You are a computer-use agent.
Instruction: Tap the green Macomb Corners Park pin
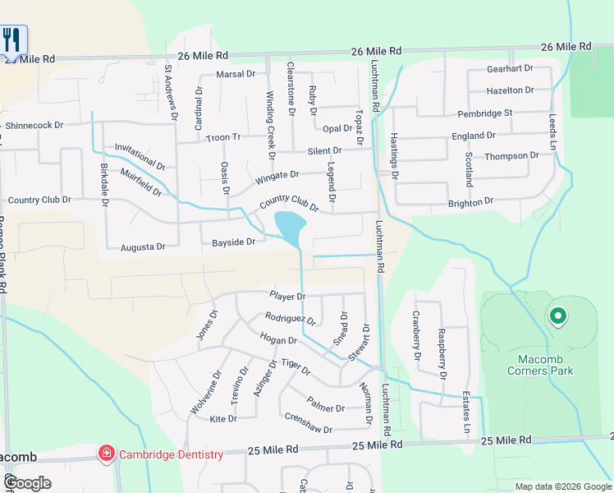pyautogui.click(x=557, y=316)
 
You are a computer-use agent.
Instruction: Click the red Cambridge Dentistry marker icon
pyautogui.click(x=106, y=453)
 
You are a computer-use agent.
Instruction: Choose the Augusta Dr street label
pyautogui.click(x=143, y=246)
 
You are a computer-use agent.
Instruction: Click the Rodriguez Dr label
pyautogui.click(x=290, y=319)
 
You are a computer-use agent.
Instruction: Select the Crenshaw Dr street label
pyautogui.click(x=305, y=429)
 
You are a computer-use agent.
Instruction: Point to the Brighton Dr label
pyautogui.click(x=470, y=201)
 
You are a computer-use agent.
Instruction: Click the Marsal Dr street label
pyautogui.click(x=236, y=74)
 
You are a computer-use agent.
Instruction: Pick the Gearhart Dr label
pyautogui.click(x=510, y=69)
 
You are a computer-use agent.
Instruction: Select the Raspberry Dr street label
pyautogui.click(x=442, y=352)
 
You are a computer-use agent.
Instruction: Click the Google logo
pyautogui.click(x=27, y=482)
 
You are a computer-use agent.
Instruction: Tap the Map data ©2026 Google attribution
pyautogui.click(x=562, y=486)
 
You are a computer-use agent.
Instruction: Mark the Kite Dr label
pyautogui.click(x=223, y=419)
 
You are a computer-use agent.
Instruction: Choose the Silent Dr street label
pyautogui.click(x=324, y=151)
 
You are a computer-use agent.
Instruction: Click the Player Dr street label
pyautogui.click(x=287, y=296)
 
